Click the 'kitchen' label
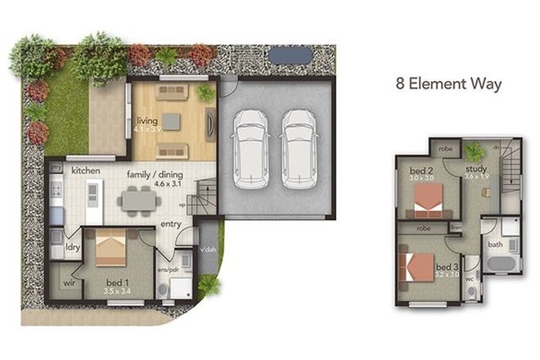tap(85, 170)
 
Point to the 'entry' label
tap(171, 223)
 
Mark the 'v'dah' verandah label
tap(208, 250)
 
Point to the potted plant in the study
tap(473, 151)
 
